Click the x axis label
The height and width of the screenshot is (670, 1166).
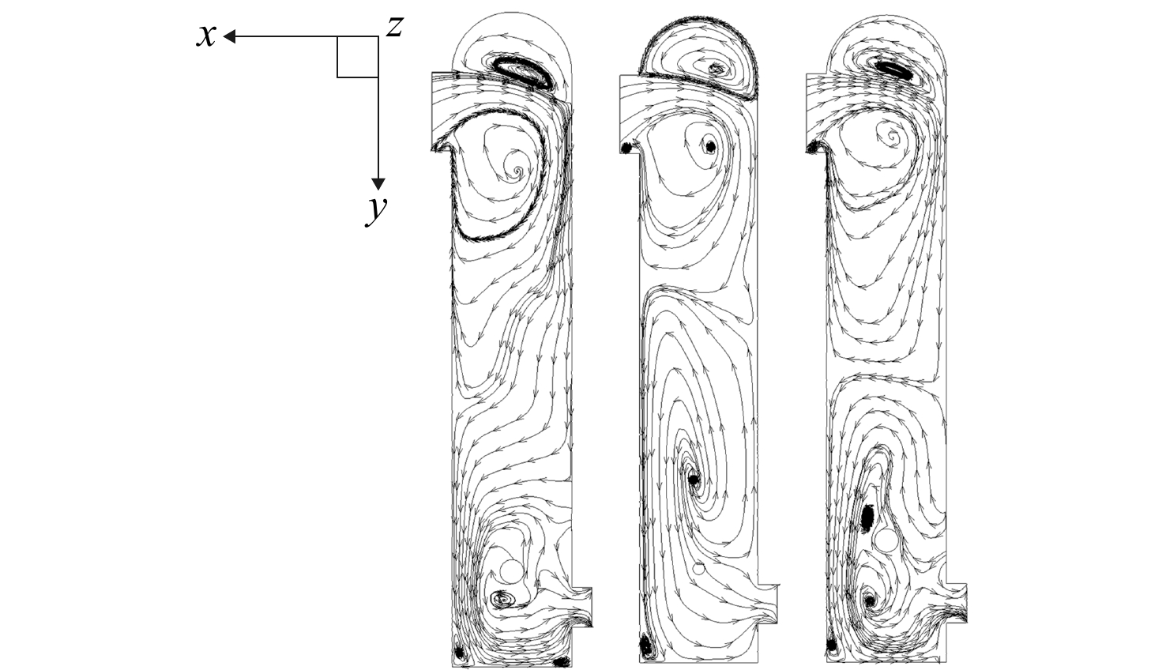206,36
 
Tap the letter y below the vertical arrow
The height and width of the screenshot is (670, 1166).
376,210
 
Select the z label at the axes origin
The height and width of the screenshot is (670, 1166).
394,27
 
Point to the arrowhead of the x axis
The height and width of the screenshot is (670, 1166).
229,36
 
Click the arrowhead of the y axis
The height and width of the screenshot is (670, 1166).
378,184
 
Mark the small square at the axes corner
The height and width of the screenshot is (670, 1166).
358,57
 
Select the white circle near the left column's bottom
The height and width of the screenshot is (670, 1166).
510,571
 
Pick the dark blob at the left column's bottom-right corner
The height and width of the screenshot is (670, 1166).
562,661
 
